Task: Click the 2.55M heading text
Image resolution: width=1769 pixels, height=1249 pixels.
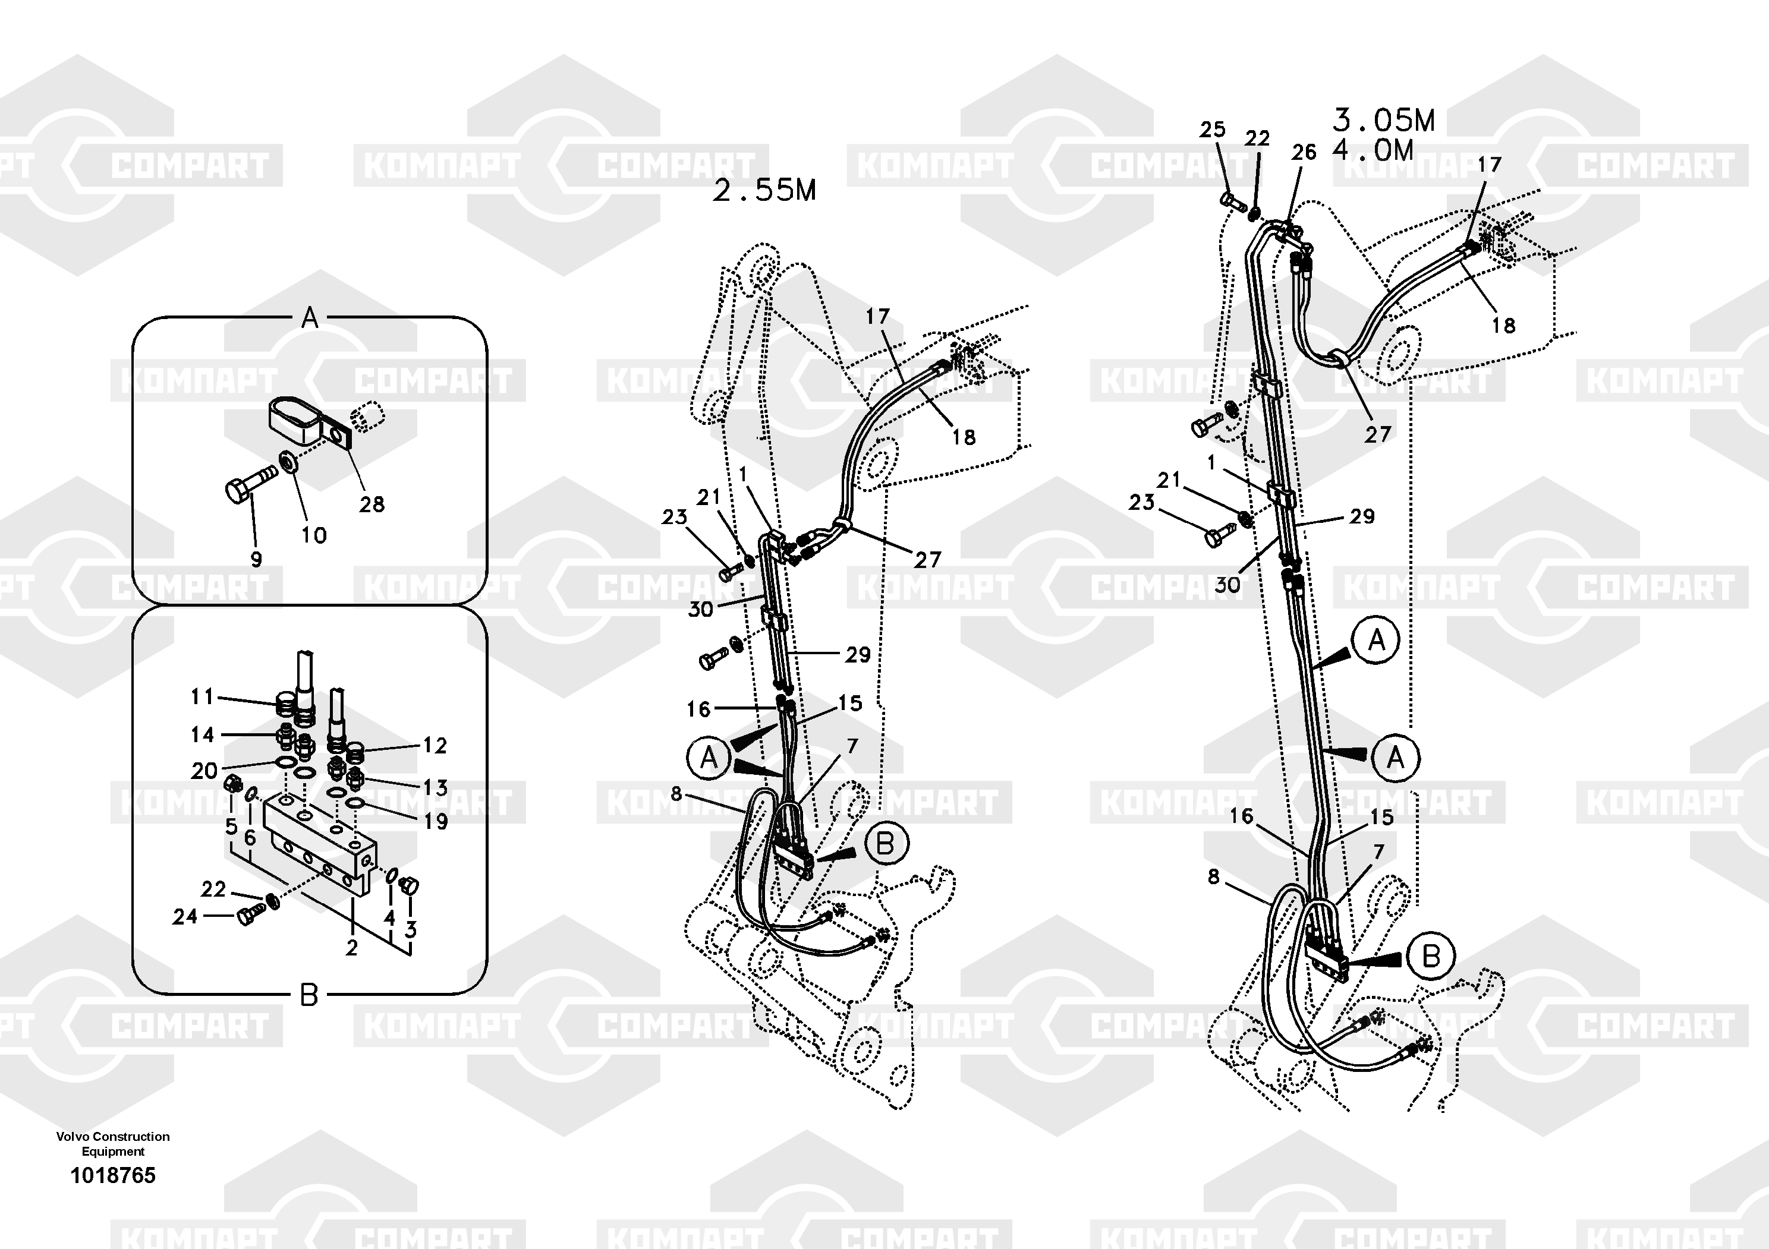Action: coord(764,190)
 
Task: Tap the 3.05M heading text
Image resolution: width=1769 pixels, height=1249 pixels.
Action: coord(1384,120)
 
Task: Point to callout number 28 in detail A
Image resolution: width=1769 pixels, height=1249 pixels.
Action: coord(372,504)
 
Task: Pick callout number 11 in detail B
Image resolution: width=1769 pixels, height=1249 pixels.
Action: coord(202,697)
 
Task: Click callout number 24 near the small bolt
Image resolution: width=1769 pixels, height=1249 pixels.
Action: coord(185,916)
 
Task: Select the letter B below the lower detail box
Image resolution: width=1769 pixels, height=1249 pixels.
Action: coord(308,996)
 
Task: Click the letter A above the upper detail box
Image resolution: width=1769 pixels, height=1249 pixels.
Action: coord(310,317)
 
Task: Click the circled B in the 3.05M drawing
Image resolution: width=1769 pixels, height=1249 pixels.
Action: coord(1431,957)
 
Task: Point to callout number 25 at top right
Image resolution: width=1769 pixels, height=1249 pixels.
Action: coord(1212,130)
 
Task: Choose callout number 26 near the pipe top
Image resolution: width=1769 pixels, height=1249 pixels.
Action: coord(1304,153)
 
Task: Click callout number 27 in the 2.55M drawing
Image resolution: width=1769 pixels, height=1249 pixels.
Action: coord(928,560)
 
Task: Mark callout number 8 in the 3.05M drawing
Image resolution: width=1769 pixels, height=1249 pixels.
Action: coord(1213,877)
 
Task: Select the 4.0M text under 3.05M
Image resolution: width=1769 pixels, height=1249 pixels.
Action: coord(1373,149)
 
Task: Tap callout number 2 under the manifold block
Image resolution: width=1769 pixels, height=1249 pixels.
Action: coord(351,948)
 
